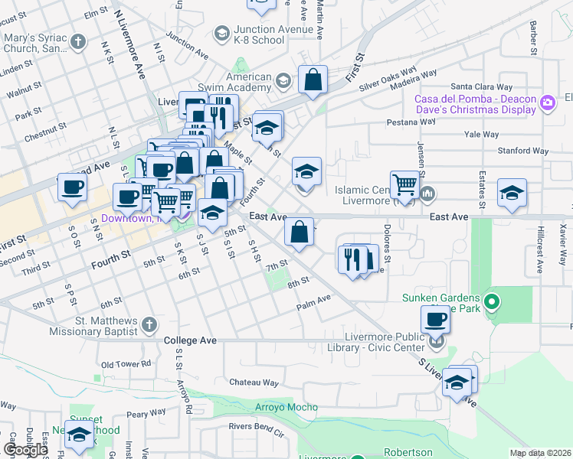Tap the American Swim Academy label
[249, 83]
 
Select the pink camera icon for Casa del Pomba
[547, 103]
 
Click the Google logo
[25, 449]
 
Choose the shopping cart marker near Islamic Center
[404, 184]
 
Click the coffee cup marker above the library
[435, 318]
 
